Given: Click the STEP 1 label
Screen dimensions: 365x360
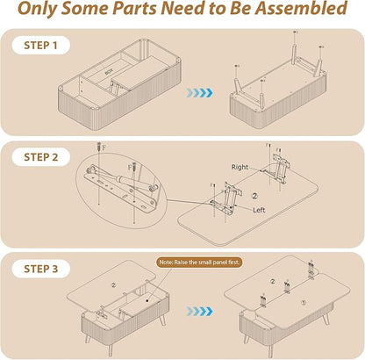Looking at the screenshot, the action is pos(40,46).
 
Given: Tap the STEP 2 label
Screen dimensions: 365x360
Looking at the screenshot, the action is pos(41,157).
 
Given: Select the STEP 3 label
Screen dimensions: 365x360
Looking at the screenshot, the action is pos(41,269).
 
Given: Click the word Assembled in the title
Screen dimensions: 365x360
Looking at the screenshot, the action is pos(301,8).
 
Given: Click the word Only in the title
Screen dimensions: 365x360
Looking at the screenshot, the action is pos(37,9).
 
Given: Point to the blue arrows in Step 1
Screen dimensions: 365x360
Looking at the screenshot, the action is pos(200,93).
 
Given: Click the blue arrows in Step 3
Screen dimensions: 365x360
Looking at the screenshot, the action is pos(200,312).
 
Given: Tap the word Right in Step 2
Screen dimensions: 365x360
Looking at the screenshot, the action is pos(240,167).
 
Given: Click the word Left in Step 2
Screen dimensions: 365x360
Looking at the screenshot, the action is pos(259,210).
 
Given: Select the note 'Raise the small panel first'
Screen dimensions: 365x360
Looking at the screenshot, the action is pos(200,263).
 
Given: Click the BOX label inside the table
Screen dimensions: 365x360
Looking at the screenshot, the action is pos(109,71).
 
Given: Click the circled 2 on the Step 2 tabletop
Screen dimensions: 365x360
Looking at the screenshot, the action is pos(254,196).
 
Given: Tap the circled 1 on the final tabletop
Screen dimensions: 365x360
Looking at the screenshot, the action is pos(304,303).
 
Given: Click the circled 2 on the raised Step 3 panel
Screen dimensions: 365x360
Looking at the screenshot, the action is pos(114,284).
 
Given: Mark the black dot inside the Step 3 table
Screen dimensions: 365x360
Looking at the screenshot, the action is pos(147,300).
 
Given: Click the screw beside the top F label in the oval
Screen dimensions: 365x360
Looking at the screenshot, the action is pos(98,147).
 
